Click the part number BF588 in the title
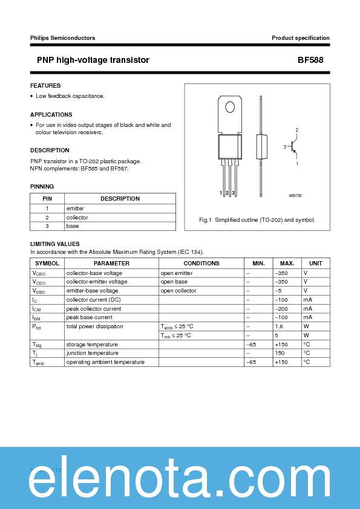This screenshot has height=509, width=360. pos(313,60)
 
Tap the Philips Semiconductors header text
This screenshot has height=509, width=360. pos(62,38)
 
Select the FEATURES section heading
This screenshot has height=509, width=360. pos(45,86)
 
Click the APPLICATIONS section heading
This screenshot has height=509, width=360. pos(51,115)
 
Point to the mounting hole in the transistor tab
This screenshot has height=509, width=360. pos(230,108)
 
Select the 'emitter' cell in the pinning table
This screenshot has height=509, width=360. pos(76,208)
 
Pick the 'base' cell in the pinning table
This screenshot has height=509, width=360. pos(73,226)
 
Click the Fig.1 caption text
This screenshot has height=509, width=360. pos(257,220)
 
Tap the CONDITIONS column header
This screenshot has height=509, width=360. pos(201,264)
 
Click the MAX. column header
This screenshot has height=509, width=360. pos(287,264)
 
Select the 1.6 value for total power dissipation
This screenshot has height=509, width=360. pos(279,326)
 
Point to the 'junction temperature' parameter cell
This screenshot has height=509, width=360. pos(93,353)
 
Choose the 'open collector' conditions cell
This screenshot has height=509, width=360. pos(178,291)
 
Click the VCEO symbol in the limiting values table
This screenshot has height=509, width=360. pos(39,282)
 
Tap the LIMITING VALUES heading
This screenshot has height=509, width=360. pos(54,244)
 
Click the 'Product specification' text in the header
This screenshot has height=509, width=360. pos(300,38)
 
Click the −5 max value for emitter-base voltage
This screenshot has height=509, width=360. pos(279,291)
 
